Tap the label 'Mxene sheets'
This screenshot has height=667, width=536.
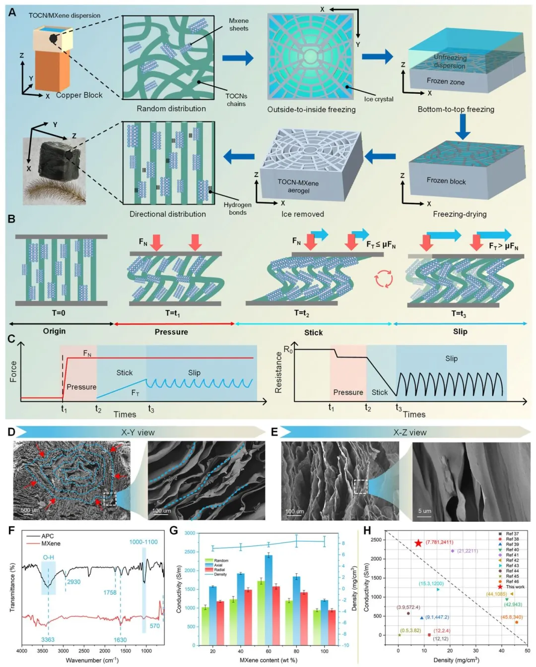(239, 25)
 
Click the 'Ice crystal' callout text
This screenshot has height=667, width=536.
(379, 99)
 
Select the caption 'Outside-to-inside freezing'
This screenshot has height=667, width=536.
(311, 110)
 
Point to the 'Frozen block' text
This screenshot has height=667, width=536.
(446, 181)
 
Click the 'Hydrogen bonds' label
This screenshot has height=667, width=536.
(237, 208)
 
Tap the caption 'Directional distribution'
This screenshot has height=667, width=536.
(168, 214)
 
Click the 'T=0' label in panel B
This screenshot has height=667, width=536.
(59, 313)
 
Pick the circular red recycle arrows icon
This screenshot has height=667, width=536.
(384, 279)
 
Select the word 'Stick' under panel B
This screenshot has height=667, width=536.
(313, 332)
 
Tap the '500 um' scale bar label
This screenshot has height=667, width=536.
(30, 510)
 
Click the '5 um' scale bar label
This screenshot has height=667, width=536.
(424, 511)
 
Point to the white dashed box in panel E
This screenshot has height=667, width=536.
(361, 486)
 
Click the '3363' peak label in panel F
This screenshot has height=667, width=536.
(48, 640)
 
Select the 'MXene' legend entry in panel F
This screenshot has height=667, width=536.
(51, 544)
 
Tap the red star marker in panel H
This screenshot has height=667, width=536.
(418, 543)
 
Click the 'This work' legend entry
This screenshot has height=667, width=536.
(515, 587)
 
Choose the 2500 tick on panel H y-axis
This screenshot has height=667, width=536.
(377, 540)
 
